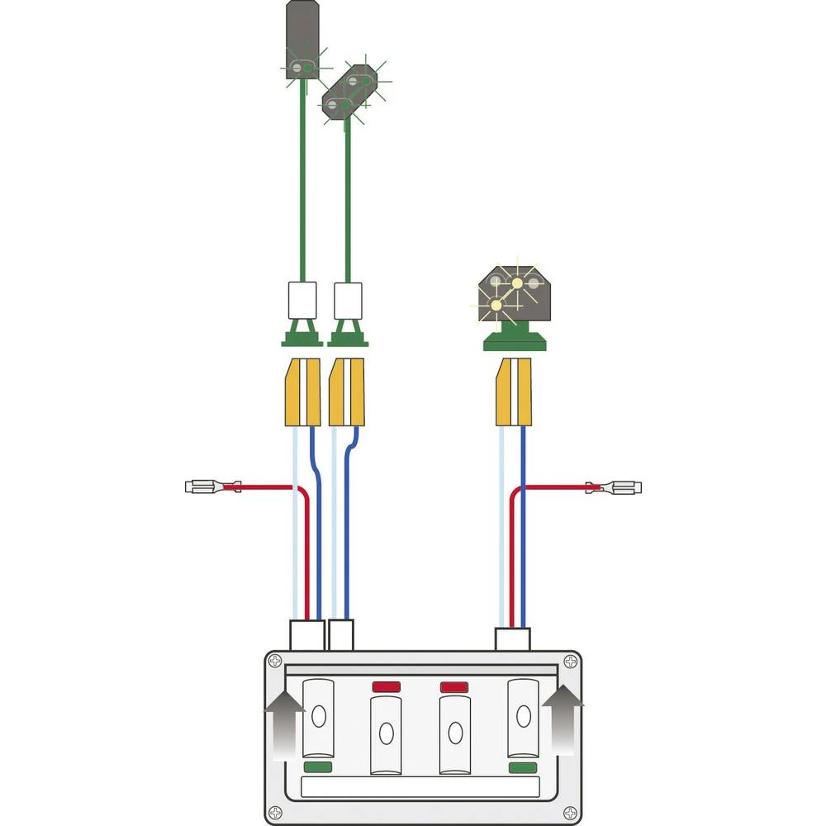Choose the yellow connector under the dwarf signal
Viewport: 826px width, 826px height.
tap(513, 392)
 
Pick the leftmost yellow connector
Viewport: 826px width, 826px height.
tap(302, 392)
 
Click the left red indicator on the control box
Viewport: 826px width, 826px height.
tap(386, 686)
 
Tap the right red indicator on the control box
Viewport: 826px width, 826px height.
tap(453, 686)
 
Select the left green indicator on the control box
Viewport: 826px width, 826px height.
tap(318, 767)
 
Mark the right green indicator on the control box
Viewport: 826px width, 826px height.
tap(522, 767)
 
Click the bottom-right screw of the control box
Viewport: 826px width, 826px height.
tap(570, 812)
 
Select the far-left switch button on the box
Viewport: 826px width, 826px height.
tap(318, 717)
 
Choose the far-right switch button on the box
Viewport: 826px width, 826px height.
tap(522, 717)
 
